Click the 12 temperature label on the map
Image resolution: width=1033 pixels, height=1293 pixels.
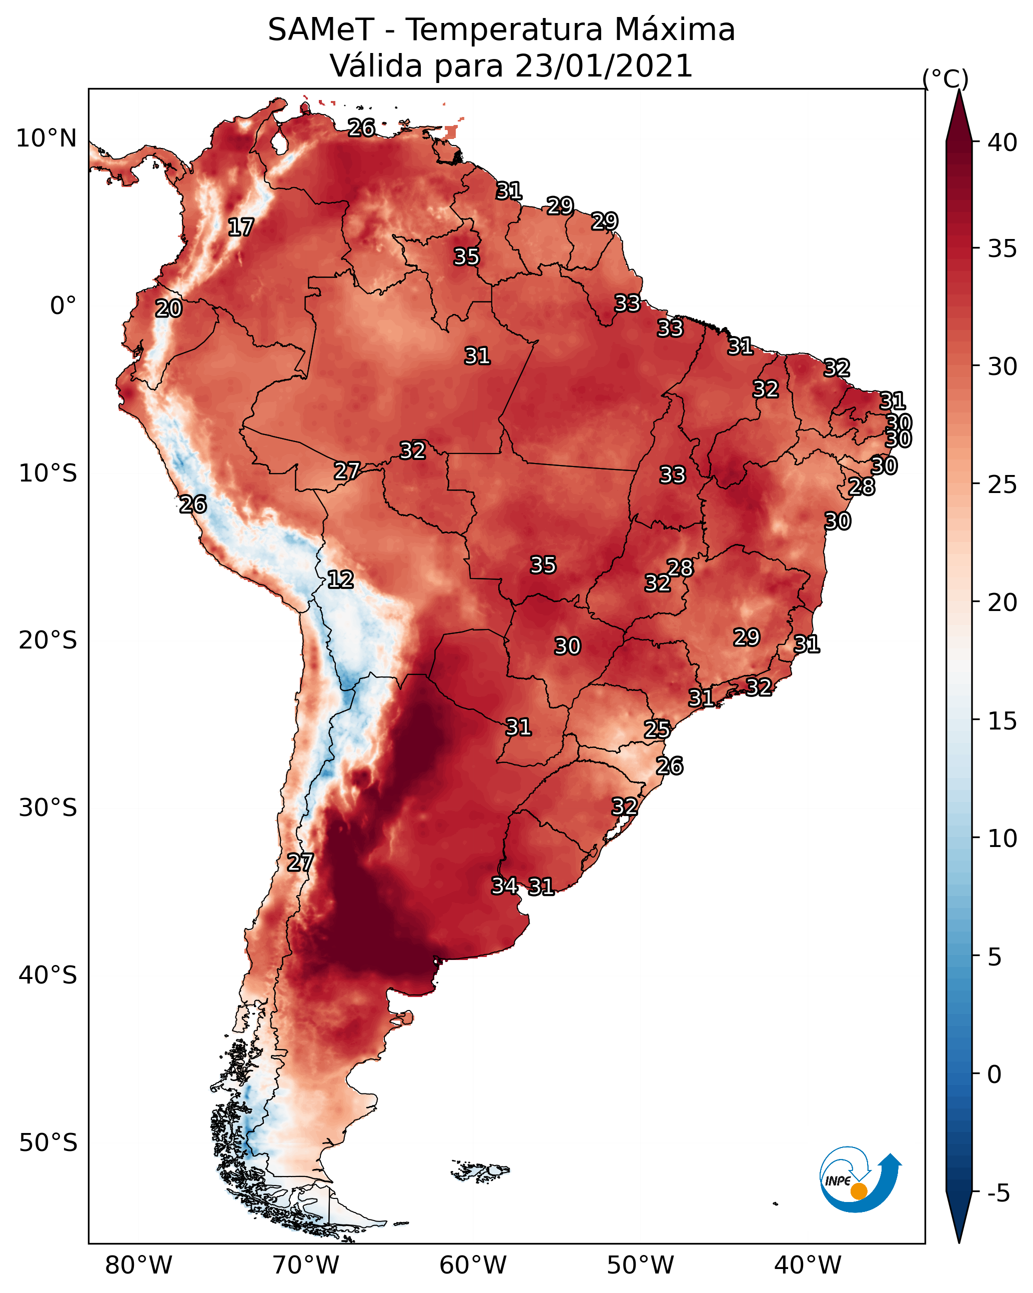pos(340,579)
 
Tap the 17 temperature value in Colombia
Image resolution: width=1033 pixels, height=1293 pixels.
pos(241,227)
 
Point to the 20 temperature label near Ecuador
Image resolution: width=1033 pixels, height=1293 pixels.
pos(168,309)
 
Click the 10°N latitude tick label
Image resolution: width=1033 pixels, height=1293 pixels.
pos(46,138)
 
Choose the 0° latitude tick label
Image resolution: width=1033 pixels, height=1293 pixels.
pos(63,305)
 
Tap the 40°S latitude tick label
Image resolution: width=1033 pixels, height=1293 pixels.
pos(48,975)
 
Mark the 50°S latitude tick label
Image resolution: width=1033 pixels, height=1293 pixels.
pos(48,1142)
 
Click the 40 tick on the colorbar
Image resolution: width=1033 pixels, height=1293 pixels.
pos(1003,142)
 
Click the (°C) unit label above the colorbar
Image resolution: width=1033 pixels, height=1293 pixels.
pos(946,78)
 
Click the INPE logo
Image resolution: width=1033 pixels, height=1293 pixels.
pos(861,1179)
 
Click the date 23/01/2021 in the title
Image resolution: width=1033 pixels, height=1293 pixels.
pos(604,66)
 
